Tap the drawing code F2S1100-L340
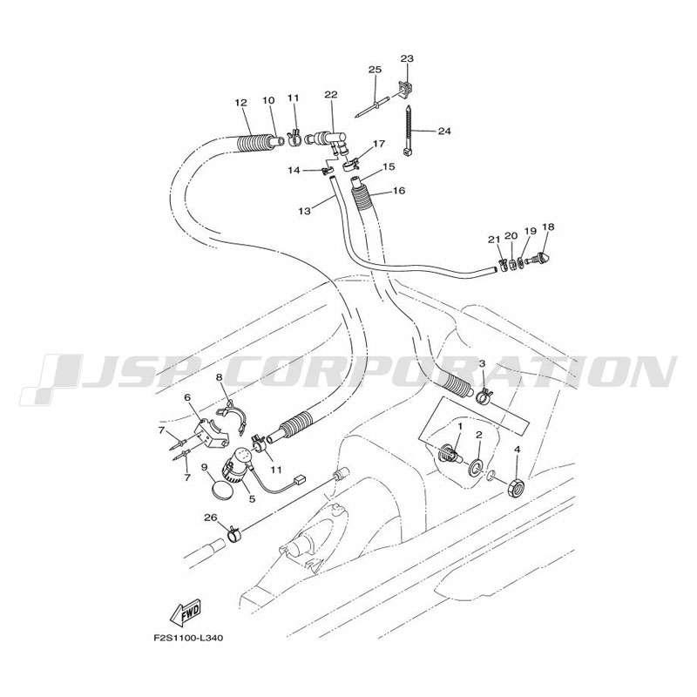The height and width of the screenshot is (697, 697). (189, 639)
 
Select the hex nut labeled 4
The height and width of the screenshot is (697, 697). (515, 486)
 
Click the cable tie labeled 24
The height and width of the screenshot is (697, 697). (407, 130)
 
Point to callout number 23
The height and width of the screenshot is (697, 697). (407, 58)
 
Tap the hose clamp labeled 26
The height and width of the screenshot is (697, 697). (233, 534)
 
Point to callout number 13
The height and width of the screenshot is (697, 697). (304, 211)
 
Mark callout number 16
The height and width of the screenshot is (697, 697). (399, 191)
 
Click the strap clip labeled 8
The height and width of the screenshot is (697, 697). (233, 416)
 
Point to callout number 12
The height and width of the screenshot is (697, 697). (240, 103)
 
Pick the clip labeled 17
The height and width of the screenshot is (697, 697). (352, 166)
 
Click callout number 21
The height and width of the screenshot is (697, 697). (494, 240)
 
